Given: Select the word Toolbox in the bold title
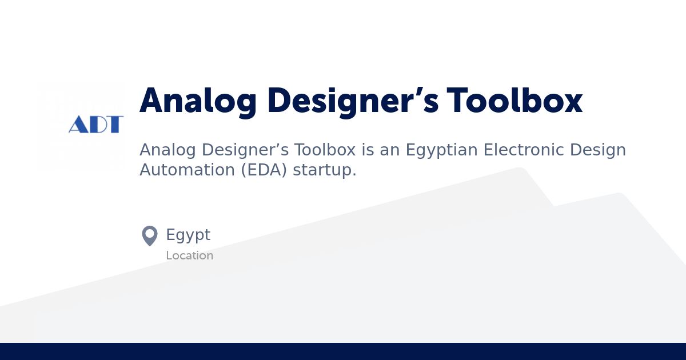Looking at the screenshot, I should [x=515, y=102].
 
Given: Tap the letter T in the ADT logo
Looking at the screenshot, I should [x=115, y=125].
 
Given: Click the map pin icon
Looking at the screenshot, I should [x=150, y=235].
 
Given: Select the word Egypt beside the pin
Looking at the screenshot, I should [x=188, y=235].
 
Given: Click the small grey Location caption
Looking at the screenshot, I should [x=189, y=255].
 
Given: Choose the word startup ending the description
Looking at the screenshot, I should [x=324, y=170].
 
